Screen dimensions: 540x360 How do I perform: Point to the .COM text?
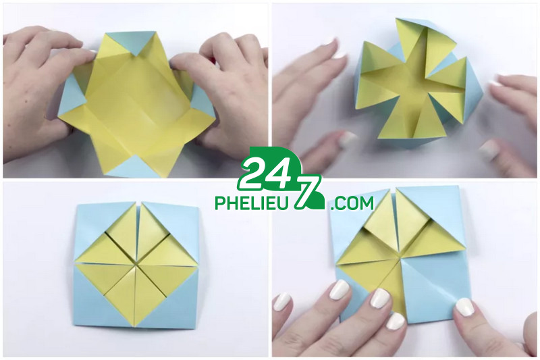click(x=351, y=203)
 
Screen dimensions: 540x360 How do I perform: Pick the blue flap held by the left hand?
click(x=72, y=97)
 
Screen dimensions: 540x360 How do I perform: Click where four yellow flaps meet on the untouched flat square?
click(x=136, y=264)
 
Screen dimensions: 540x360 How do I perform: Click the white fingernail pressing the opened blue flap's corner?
click(x=465, y=307)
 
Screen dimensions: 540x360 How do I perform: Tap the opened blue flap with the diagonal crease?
click(x=435, y=290)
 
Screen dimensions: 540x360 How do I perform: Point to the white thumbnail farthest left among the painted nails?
click(x=282, y=302)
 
